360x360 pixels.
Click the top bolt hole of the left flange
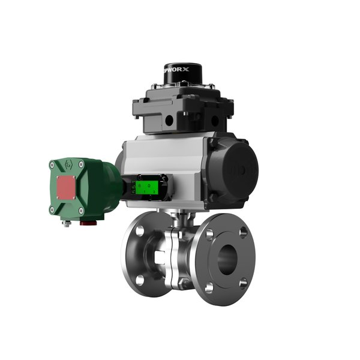click(139, 229)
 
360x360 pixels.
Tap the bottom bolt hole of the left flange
click(139, 280)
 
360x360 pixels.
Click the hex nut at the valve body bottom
click(175, 281)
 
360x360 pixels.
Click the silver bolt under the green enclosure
click(68, 224)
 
